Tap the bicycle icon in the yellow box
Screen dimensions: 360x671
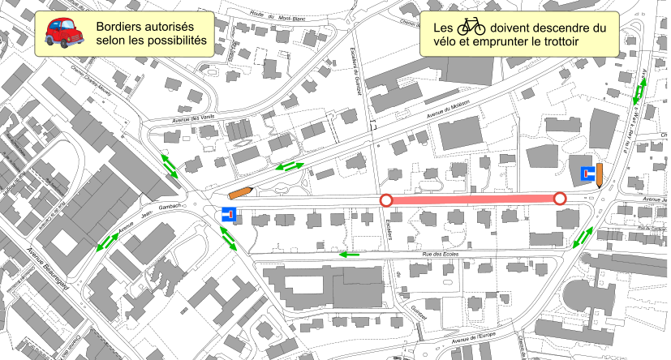(471, 28)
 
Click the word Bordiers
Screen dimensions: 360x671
(121, 27)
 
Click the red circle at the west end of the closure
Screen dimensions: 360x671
(386, 200)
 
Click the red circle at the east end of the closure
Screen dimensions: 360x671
(559, 199)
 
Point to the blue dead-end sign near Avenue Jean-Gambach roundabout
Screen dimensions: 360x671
(229, 216)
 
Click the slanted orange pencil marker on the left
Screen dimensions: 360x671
(241, 192)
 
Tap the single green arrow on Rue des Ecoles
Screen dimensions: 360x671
(349, 255)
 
